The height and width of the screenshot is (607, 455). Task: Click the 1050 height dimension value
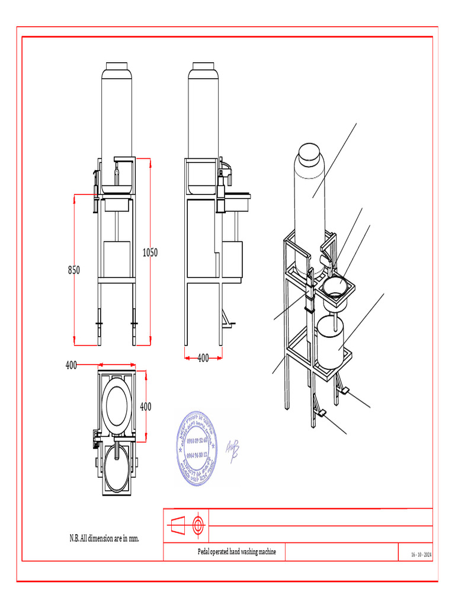[x=150, y=253]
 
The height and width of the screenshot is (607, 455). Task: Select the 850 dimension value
[x=73, y=270]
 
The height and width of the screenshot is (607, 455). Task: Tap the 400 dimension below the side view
[x=203, y=358]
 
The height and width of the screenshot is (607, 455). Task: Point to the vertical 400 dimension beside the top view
[x=145, y=407]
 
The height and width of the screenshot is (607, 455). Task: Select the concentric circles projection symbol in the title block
[x=197, y=525]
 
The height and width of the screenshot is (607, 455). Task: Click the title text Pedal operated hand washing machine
[x=236, y=552]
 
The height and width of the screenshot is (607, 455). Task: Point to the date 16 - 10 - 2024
[x=421, y=555]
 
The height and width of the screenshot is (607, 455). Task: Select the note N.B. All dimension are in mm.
[x=104, y=538]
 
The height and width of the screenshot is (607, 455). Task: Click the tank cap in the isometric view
[x=309, y=153]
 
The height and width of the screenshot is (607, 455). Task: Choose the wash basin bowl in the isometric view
[x=335, y=286]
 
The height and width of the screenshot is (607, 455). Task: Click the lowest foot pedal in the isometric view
[x=321, y=413]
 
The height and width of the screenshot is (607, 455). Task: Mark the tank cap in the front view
[x=117, y=66]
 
